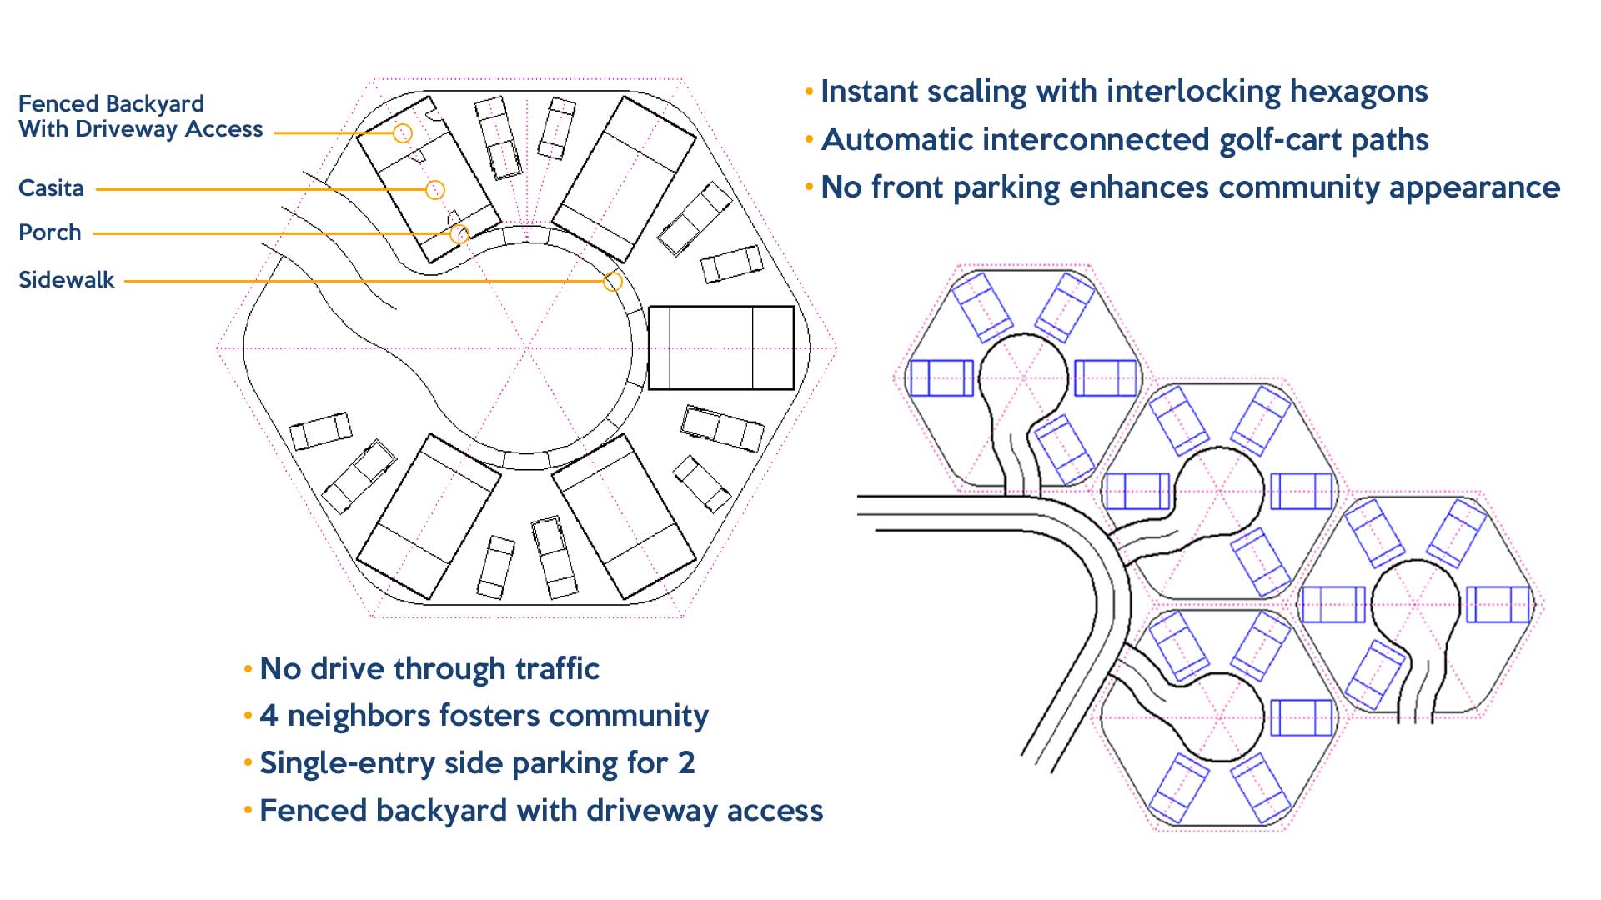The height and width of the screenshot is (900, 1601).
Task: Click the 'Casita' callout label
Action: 51,188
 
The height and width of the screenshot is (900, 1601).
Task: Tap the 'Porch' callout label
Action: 50,232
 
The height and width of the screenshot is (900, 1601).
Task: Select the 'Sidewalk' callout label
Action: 66,280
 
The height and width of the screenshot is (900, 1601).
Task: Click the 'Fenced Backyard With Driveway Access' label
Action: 140,117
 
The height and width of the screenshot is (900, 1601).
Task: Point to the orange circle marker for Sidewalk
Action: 613,282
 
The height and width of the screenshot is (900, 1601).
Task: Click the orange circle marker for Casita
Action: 434,190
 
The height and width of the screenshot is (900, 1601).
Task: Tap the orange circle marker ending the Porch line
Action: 459,234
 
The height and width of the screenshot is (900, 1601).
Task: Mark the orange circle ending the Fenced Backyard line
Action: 403,133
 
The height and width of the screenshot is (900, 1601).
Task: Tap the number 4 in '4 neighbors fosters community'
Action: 269,716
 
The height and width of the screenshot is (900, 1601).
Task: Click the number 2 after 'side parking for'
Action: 686,763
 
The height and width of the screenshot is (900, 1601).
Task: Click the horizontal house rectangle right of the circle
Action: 721,347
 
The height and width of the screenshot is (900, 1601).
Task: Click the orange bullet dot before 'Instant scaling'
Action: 809,91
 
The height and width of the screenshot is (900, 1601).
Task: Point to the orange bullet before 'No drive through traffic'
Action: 248,668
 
